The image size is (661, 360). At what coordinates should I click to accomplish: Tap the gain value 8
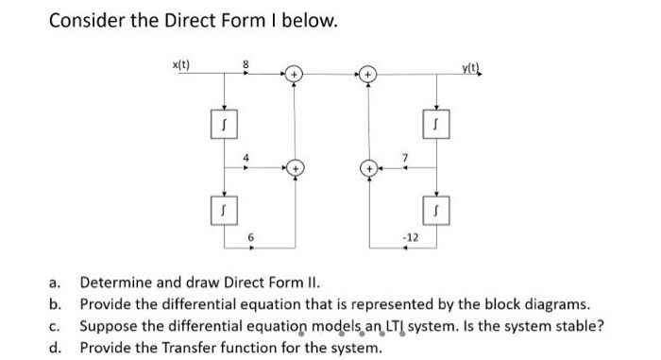(x=246, y=63)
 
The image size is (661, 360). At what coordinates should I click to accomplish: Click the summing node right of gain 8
(x=294, y=73)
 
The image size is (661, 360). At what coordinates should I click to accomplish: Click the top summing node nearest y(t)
(x=367, y=73)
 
